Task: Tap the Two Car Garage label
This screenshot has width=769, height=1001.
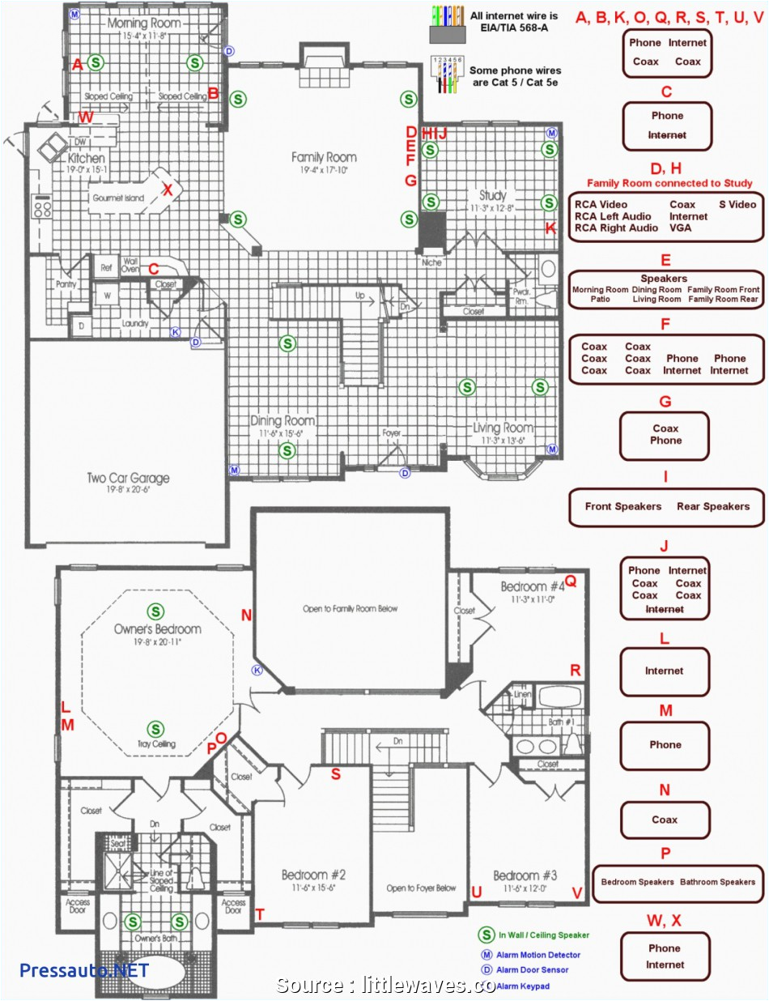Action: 128,478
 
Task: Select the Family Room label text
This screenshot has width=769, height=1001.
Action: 324,157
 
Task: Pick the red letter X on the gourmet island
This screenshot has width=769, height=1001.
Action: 168,190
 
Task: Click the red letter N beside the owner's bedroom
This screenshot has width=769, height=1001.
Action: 246,616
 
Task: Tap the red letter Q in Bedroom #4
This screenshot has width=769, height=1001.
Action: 570,581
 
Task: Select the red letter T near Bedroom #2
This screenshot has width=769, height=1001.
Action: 260,914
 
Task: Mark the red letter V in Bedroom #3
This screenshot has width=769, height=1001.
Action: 577,892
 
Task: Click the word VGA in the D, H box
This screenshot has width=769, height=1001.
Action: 680,228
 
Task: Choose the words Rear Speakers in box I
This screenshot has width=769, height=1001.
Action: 713,506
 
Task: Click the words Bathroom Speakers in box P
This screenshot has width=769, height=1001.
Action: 717,882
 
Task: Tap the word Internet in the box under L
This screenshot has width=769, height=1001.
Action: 665,671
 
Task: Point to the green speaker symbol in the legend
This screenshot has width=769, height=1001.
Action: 486,935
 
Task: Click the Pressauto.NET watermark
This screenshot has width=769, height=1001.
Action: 84,969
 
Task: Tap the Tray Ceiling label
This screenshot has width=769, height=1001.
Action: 155,744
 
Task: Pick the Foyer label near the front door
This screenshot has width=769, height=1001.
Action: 392,433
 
